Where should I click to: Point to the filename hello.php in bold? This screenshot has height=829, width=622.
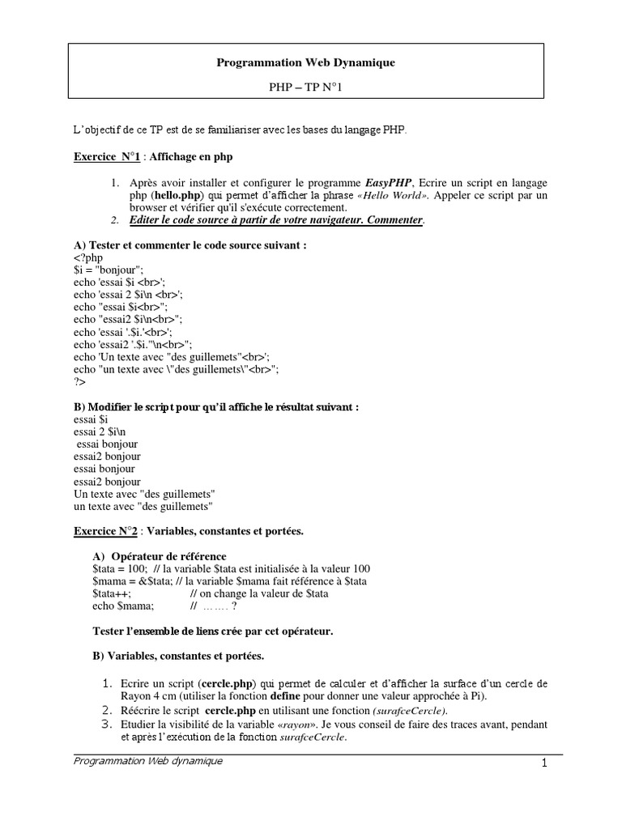[x=177, y=196]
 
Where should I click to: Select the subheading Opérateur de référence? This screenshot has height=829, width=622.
[x=168, y=556]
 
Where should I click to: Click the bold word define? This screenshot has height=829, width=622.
[x=286, y=695]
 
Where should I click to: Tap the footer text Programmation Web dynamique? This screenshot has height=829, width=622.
[x=147, y=761]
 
